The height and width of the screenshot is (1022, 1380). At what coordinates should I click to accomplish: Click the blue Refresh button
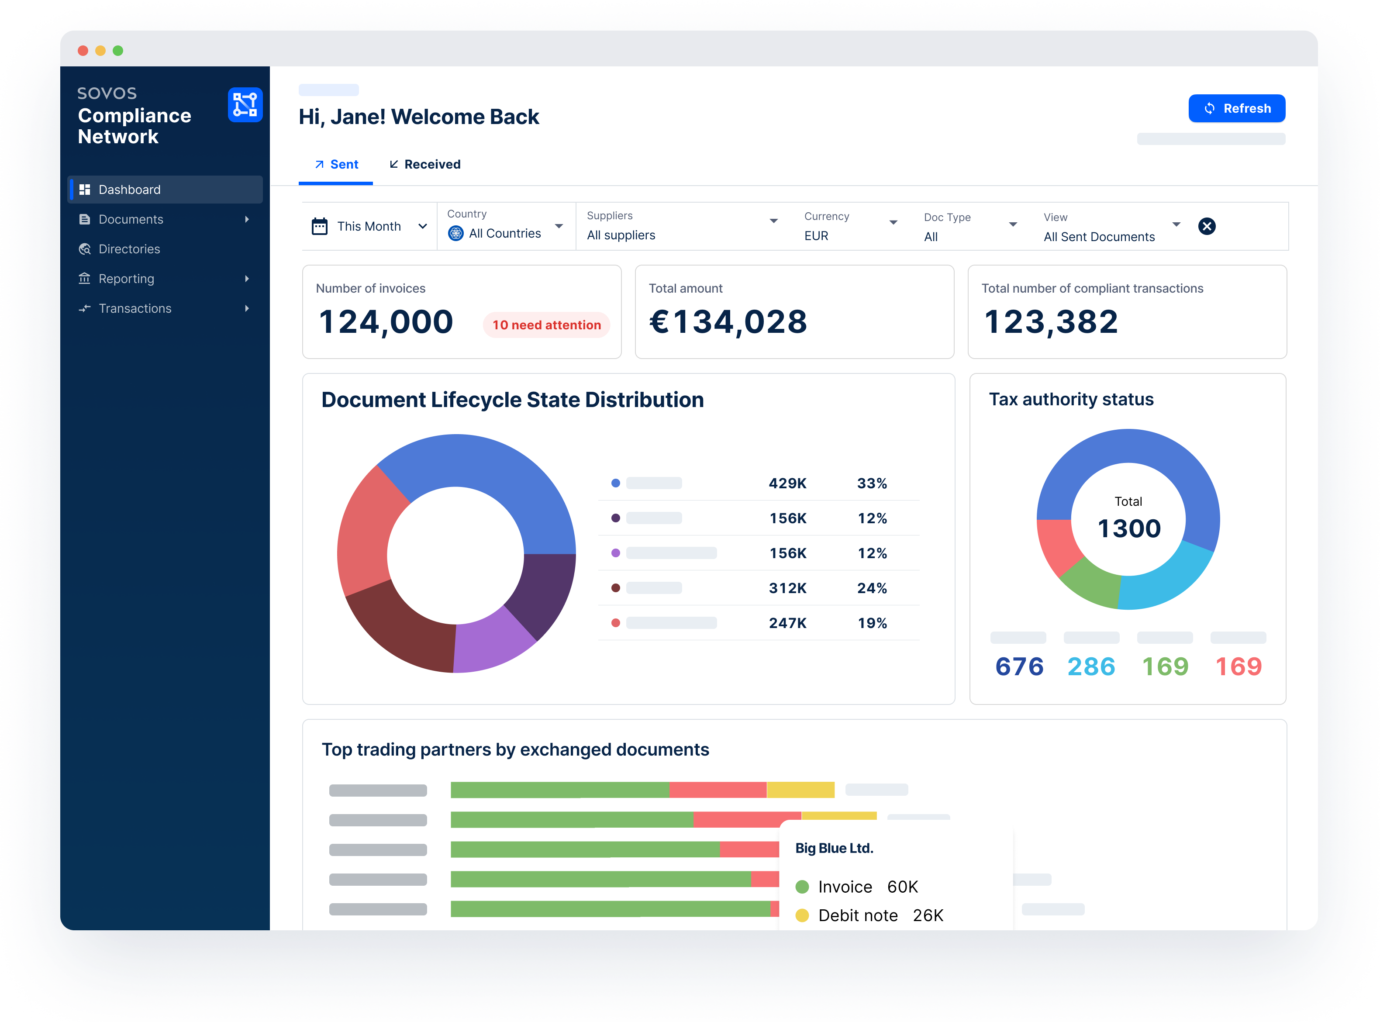(x=1236, y=108)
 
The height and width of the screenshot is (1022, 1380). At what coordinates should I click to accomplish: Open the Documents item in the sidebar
(x=131, y=220)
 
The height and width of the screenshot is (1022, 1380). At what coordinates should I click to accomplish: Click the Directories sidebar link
(x=129, y=249)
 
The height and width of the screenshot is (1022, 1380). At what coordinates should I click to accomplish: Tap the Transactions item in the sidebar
(x=135, y=309)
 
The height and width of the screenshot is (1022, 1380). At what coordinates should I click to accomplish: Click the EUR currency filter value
(x=816, y=236)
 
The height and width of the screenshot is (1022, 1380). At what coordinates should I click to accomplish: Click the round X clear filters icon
(x=1206, y=226)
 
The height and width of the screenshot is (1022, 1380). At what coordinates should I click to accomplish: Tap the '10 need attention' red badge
(x=546, y=325)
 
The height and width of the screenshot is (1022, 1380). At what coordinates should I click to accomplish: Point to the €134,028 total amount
(x=728, y=322)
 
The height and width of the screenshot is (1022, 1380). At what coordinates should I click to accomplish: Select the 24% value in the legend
(x=872, y=588)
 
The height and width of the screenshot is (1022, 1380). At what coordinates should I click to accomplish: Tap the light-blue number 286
(x=1091, y=667)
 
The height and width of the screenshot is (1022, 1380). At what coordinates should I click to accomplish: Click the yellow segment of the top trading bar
(x=800, y=790)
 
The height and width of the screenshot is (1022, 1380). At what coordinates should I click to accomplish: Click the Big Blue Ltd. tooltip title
(x=834, y=848)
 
